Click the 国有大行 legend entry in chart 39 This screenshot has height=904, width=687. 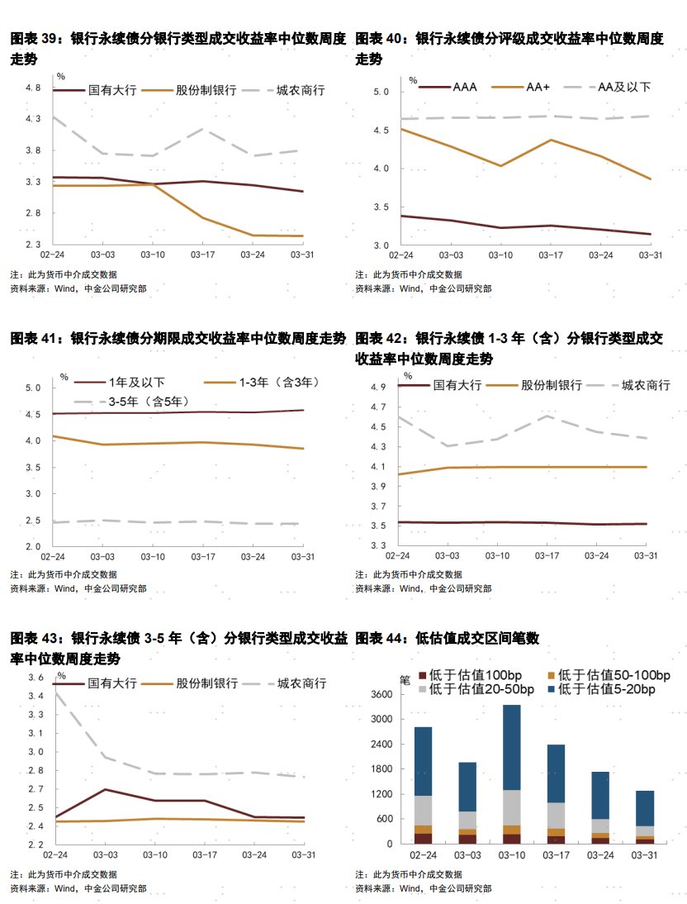pos(111,89)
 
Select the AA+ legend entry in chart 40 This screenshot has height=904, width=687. pos(538,86)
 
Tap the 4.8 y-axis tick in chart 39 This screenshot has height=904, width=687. pos(33,88)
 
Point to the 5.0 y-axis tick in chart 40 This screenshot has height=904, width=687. pos(380,92)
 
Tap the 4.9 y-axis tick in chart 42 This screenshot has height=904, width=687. pos(378,388)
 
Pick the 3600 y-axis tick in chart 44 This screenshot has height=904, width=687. pos(380,695)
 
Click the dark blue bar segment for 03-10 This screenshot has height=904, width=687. pos(512,747)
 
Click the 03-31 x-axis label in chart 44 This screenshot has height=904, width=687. pos(644,855)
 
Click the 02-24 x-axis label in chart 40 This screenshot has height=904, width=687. pos(400,256)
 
